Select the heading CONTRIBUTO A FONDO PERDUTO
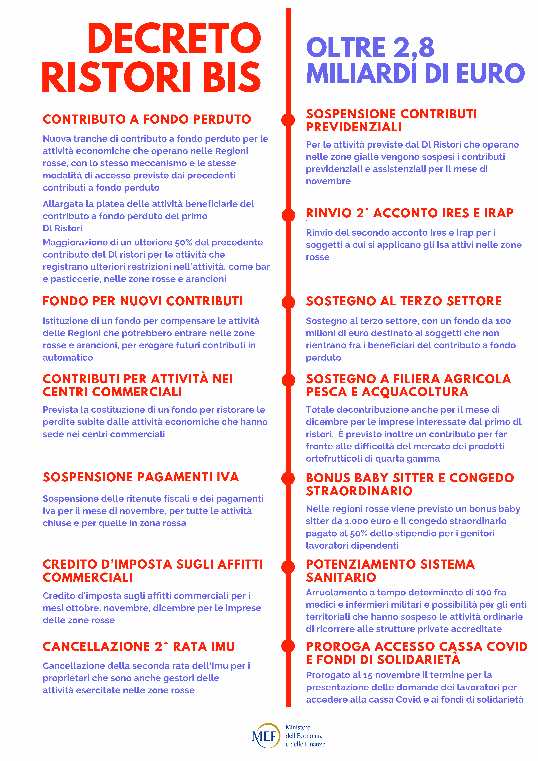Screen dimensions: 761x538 pos(147,119)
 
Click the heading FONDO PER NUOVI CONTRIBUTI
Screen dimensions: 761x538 pos(143,301)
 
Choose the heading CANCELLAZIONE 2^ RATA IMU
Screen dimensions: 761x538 pos(139,647)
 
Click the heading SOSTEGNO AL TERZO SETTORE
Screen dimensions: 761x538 pos(403,301)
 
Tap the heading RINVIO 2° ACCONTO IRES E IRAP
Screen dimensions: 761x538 pos(409,213)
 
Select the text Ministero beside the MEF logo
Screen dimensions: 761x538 pos(298,727)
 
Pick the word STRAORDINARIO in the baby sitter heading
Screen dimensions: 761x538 pos(359,491)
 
